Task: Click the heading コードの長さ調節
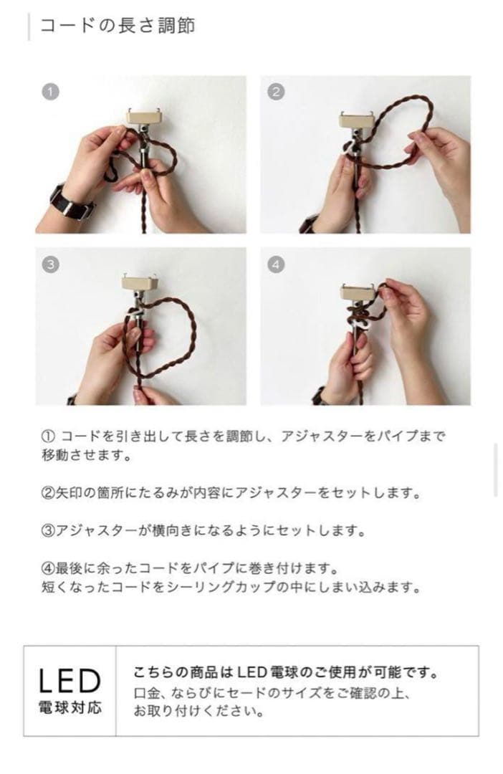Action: click(x=117, y=26)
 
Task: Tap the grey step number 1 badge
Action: click(x=50, y=91)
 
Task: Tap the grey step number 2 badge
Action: click(x=276, y=91)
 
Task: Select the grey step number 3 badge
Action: click(x=50, y=264)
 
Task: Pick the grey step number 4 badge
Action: click(x=276, y=264)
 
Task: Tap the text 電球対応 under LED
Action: click(x=70, y=708)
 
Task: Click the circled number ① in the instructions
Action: click(x=49, y=436)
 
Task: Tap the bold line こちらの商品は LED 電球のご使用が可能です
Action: click(x=285, y=674)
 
